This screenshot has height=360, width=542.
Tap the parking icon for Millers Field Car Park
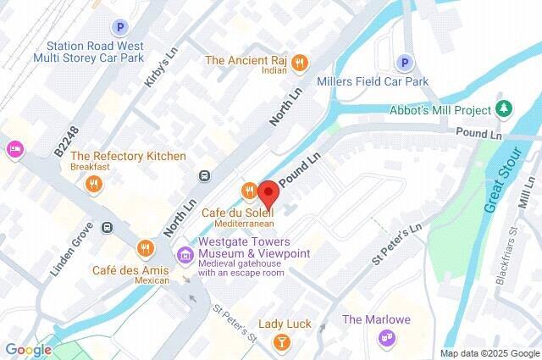coord(405,63)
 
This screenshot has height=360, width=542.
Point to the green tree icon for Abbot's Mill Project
coord(505,110)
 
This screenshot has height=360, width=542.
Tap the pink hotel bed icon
coord(14,149)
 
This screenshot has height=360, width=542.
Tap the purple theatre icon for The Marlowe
coord(388,338)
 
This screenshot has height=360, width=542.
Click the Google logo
coord(28,350)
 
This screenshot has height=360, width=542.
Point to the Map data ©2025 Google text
coord(489,353)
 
